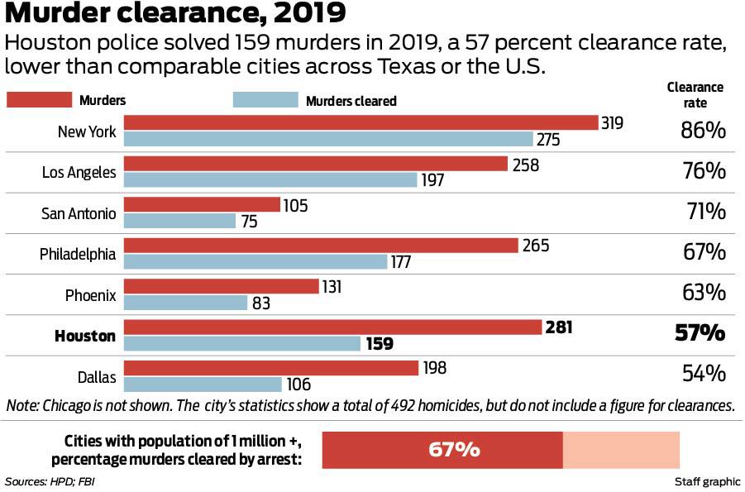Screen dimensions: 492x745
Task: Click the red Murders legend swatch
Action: (39, 100)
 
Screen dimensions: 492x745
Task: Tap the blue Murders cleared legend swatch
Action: (265, 100)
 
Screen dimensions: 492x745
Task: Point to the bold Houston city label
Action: (85, 336)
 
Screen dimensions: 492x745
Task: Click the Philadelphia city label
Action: (78, 254)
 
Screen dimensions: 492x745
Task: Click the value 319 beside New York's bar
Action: (613, 122)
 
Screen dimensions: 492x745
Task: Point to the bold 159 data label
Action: (380, 344)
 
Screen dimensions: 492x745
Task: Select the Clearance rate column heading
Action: (695, 95)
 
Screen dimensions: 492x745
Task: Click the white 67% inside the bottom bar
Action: (454, 450)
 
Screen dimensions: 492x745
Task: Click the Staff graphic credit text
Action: (703, 481)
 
